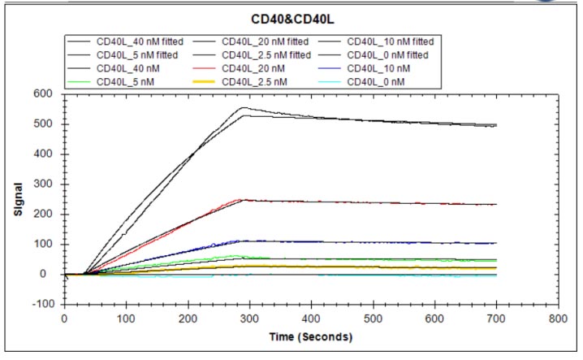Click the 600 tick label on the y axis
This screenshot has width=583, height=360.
[47, 94]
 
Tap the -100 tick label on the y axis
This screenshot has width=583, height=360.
[45, 304]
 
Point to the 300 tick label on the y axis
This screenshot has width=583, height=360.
[47, 184]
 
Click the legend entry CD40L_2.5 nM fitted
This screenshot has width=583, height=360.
[265, 54]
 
